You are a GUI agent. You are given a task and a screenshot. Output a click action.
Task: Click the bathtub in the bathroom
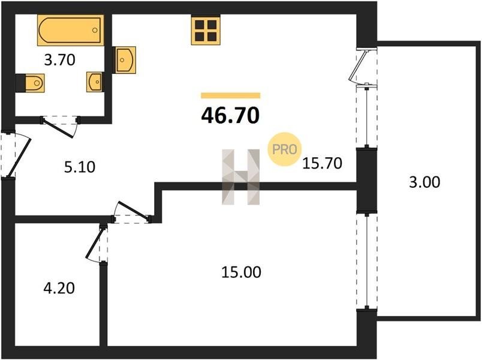coord(71,30)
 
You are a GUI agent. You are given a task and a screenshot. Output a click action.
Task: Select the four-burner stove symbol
coord(206,31)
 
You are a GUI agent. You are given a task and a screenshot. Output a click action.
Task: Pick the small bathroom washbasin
coord(95,82)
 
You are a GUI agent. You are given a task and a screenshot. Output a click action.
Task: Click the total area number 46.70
coord(230,116)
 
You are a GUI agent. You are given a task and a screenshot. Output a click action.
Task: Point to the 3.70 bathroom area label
coord(59,59)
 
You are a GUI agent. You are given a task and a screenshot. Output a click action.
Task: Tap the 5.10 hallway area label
coord(80,167)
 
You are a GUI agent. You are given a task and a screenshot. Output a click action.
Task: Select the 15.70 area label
coord(322,163)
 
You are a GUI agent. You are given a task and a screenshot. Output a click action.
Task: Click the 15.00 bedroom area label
coord(242,272)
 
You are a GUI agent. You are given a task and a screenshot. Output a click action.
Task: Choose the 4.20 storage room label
coord(59,289)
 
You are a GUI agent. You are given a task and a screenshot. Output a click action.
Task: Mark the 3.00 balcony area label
coord(424,182)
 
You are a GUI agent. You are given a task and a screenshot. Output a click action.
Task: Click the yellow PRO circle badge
coord(285,149)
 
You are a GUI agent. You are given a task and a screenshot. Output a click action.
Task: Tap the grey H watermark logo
coord(241,177)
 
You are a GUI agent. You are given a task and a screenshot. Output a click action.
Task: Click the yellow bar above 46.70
coord(231,95)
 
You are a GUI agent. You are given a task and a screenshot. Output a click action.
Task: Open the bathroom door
coord(59,127)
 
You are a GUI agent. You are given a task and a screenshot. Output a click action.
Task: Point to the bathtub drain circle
coord(95,30)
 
